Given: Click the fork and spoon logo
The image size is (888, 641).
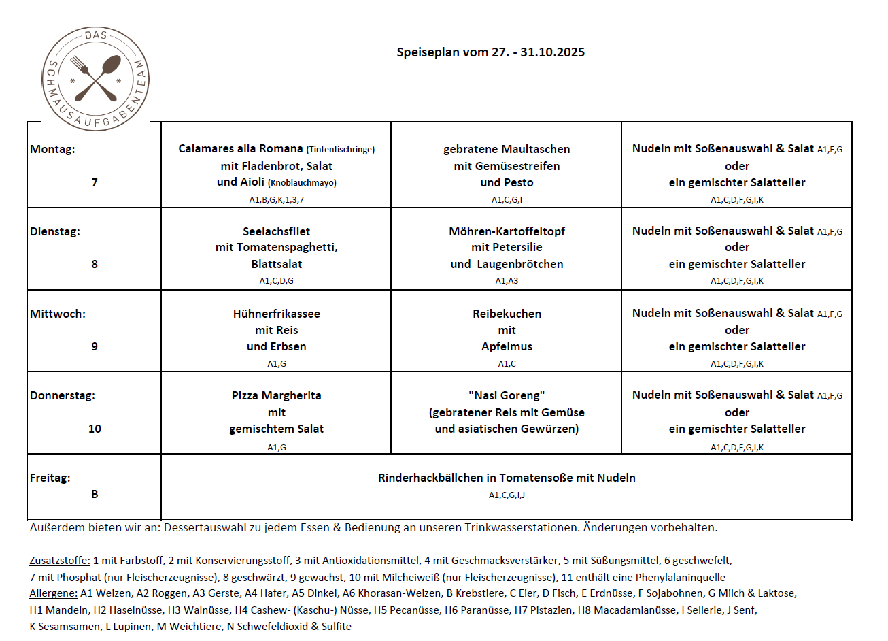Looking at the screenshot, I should click(x=95, y=78).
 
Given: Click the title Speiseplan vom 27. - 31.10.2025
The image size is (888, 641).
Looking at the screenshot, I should click(x=490, y=52).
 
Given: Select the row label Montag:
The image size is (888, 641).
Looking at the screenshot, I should click(x=52, y=149).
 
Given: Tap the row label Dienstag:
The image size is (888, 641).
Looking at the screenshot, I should click(x=55, y=231).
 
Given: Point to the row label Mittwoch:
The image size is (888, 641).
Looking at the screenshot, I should click(x=58, y=314).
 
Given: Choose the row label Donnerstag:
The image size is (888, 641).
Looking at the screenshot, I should click(x=63, y=395).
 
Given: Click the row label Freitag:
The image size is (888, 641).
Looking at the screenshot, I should click(x=50, y=478).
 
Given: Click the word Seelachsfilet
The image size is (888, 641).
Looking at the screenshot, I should click(x=276, y=231).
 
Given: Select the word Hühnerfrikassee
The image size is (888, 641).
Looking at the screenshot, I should click(x=276, y=314).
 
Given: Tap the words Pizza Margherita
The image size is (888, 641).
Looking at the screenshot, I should click(x=276, y=395).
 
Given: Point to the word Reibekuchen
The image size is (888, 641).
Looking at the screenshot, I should click(x=507, y=314).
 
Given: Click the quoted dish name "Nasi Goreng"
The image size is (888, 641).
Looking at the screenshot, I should click(x=507, y=395).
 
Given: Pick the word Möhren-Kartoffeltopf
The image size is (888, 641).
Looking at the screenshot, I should click(x=507, y=231).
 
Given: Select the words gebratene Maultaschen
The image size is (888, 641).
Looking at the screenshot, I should click(x=507, y=149).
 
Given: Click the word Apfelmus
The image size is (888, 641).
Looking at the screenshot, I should click(x=507, y=346).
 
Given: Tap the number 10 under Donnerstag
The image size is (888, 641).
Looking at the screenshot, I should click(x=95, y=429).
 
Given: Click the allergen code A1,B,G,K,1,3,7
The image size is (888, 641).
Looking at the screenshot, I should click(x=276, y=200).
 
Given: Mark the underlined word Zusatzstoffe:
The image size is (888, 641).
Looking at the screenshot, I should click(x=60, y=561).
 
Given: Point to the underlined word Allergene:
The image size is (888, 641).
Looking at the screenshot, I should click(x=54, y=593).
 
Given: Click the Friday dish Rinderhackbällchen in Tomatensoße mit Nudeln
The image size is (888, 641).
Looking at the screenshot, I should click(x=507, y=478).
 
